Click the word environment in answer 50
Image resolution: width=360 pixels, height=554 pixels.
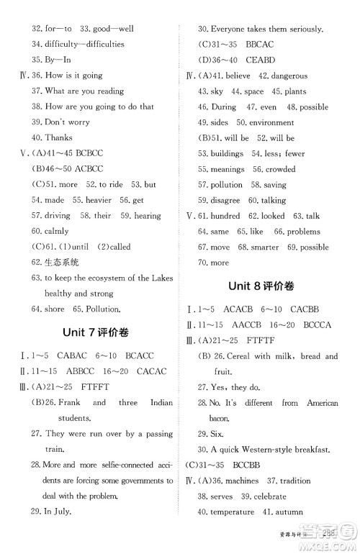pos(274,123)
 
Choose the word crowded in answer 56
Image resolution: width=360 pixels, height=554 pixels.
pos(280,170)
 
